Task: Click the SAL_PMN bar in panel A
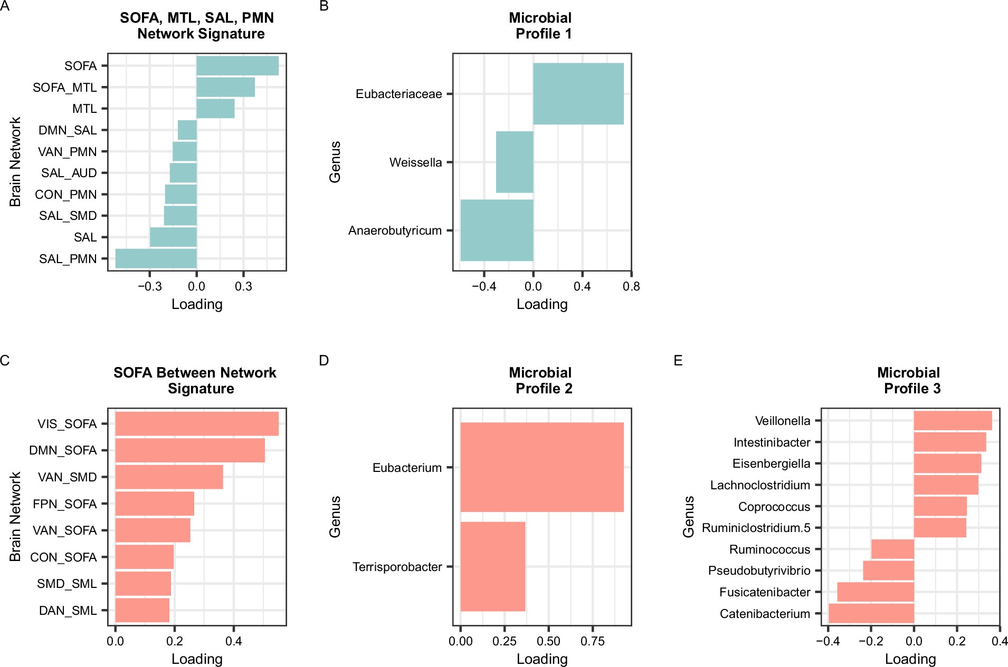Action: (x=156, y=258)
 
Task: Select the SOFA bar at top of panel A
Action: (x=237, y=66)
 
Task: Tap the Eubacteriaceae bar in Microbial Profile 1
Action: (x=578, y=94)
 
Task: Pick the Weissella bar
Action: (x=515, y=162)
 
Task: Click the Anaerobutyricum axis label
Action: (x=395, y=230)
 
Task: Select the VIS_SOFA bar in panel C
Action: (x=197, y=423)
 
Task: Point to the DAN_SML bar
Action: (x=142, y=610)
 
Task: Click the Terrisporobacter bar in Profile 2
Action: (x=493, y=566)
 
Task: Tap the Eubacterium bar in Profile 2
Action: (x=542, y=467)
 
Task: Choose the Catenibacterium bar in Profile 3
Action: (x=871, y=613)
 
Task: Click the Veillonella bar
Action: (x=953, y=421)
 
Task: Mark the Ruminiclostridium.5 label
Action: (x=756, y=528)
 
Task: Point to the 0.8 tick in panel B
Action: (x=631, y=286)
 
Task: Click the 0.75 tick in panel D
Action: (x=593, y=641)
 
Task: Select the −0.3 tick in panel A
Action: (x=149, y=286)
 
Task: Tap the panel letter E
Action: (x=678, y=360)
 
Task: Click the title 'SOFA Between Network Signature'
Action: (x=195, y=380)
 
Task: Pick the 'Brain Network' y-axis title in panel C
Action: (x=15, y=517)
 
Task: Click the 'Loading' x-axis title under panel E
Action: (x=910, y=659)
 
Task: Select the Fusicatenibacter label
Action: (x=764, y=592)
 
